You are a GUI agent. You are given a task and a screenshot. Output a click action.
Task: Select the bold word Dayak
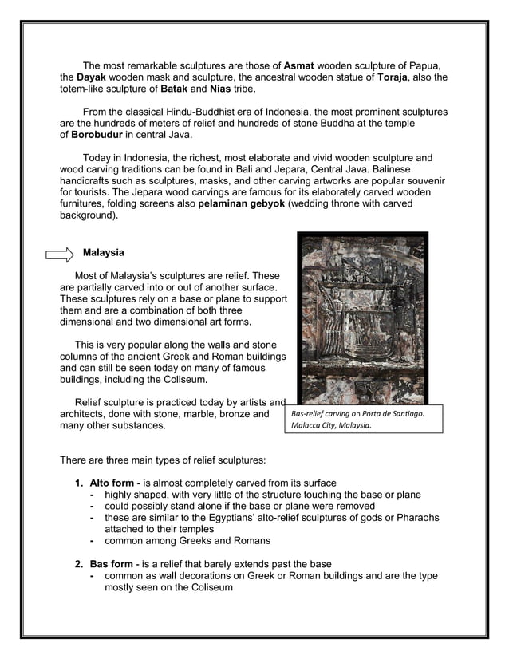92,77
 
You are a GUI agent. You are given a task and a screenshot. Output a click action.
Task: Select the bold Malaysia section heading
104,253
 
